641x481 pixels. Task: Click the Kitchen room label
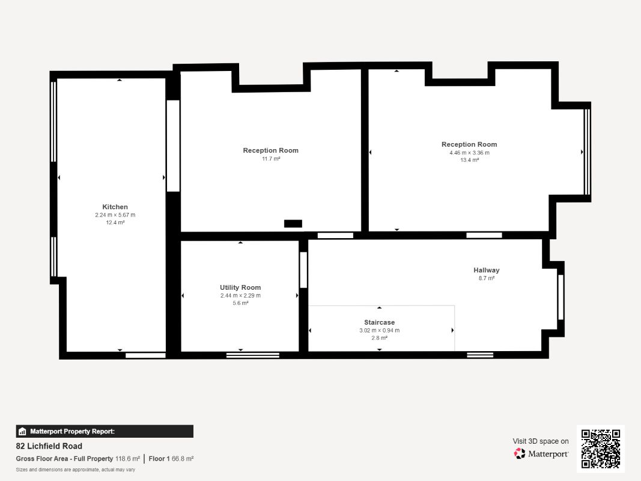(x=115, y=207)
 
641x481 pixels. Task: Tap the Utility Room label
(x=240, y=287)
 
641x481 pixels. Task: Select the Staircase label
(x=379, y=322)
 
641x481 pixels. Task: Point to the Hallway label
(x=487, y=270)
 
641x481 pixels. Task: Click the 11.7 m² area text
(x=271, y=159)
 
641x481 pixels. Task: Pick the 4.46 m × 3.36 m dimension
(x=469, y=153)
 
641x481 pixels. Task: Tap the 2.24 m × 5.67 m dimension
(x=115, y=215)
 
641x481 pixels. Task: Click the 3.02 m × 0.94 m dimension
(x=379, y=330)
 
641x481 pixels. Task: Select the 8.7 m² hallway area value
(x=487, y=278)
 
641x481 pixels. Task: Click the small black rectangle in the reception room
(x=293, y=223)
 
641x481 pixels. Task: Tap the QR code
(x=601, y=449)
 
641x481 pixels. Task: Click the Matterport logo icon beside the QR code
(x=520, y=453)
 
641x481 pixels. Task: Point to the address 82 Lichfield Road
(x=49, y=446)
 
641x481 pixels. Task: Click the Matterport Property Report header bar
(x=105, y=432)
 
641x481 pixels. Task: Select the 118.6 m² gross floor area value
(x=127, y=459)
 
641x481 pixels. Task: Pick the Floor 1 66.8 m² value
(x=171, y=459)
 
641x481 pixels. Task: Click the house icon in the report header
(x=22, y=432)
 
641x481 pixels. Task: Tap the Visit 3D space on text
(x=541, y=441)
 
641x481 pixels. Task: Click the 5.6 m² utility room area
(x=240, y=303)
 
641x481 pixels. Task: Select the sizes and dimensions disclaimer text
(x=75, y=470)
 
